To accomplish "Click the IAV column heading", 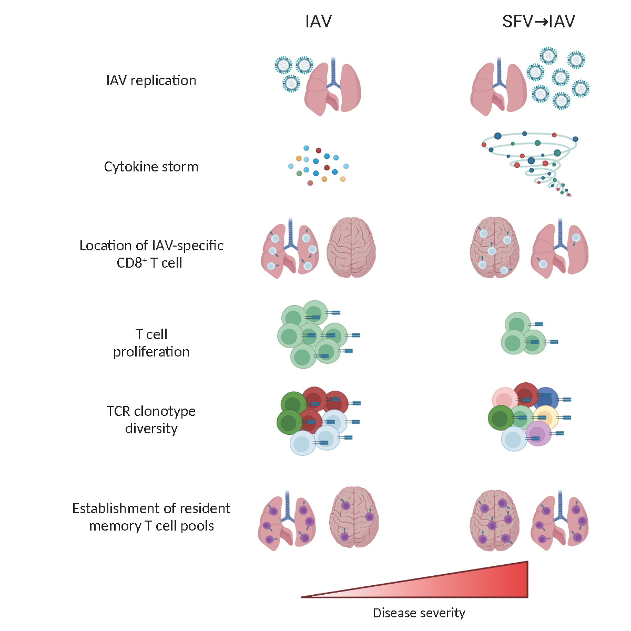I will (318, 22).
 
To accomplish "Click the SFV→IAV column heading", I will (538, 22).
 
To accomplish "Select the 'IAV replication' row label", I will (151, 80).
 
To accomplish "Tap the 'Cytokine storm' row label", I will (151, 167).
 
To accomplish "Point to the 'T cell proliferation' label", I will (151, 343).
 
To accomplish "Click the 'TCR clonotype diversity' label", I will (151, 420).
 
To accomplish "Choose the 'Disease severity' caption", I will (419, 613).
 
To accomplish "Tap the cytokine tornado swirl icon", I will (531, 158).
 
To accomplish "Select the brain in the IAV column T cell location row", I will (351, 247).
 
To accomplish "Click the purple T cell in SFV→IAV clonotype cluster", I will (537, 434).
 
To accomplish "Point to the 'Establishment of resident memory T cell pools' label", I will (151, 517).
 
